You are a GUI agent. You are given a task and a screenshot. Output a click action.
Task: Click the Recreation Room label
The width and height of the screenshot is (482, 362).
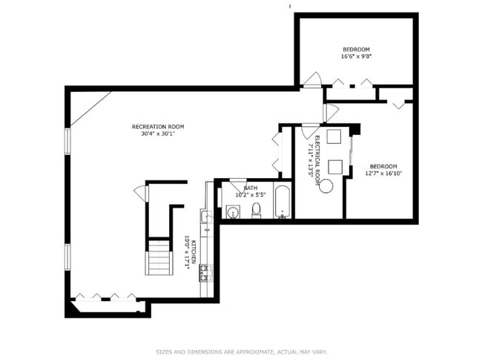coord(157,126)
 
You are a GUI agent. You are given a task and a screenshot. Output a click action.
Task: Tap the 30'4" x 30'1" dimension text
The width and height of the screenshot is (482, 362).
coord(157,134)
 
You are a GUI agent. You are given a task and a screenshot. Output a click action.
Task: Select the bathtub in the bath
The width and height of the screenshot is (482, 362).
coord(283,203)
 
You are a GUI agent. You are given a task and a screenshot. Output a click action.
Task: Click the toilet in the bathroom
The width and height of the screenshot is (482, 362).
coord(256,211)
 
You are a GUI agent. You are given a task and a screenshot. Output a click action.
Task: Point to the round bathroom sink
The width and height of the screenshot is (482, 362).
coord(233,213)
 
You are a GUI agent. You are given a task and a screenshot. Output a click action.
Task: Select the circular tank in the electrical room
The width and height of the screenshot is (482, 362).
coord(326,185)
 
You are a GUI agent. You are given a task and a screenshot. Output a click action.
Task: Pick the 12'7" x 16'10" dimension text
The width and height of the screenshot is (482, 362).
coord(383,174)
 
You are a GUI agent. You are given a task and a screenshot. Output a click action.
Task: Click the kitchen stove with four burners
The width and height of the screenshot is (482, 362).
coord(205,272)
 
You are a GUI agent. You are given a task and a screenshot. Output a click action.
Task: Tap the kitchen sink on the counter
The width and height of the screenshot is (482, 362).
coord(207,217)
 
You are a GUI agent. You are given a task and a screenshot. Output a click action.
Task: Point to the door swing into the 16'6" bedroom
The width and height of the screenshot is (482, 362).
coord(312,79)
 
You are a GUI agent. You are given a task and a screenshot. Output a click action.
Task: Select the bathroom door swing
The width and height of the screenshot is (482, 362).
coord(237,185)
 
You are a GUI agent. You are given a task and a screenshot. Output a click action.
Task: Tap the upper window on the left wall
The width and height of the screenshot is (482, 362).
coord(67,140)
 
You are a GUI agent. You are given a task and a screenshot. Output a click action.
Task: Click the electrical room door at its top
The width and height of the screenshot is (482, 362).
coord(308,132)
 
